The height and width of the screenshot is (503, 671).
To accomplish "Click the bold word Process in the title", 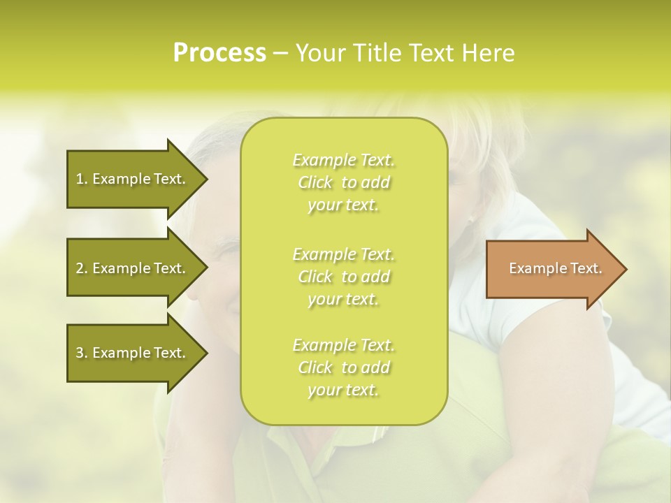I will point(219,52).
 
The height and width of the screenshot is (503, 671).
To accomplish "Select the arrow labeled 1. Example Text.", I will point(133,179).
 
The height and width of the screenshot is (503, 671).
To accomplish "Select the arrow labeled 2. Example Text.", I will point(133,268).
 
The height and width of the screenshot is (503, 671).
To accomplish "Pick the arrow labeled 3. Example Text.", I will point(133,353).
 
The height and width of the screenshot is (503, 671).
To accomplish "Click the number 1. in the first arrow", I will point(82,179).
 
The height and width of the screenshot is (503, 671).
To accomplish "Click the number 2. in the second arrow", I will point(82,268).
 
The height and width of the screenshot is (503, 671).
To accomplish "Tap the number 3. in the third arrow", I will point(82,353).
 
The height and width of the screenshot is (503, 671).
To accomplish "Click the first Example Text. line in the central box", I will point(343,160).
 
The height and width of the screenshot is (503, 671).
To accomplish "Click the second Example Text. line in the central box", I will point(343,254).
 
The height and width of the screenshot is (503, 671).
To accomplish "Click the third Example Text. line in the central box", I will point(343,345).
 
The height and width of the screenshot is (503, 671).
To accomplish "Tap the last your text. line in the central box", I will point(343,391).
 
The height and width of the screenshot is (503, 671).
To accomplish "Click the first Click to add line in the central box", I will point(343,183).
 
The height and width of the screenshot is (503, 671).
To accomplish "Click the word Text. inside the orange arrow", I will point(584,268).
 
